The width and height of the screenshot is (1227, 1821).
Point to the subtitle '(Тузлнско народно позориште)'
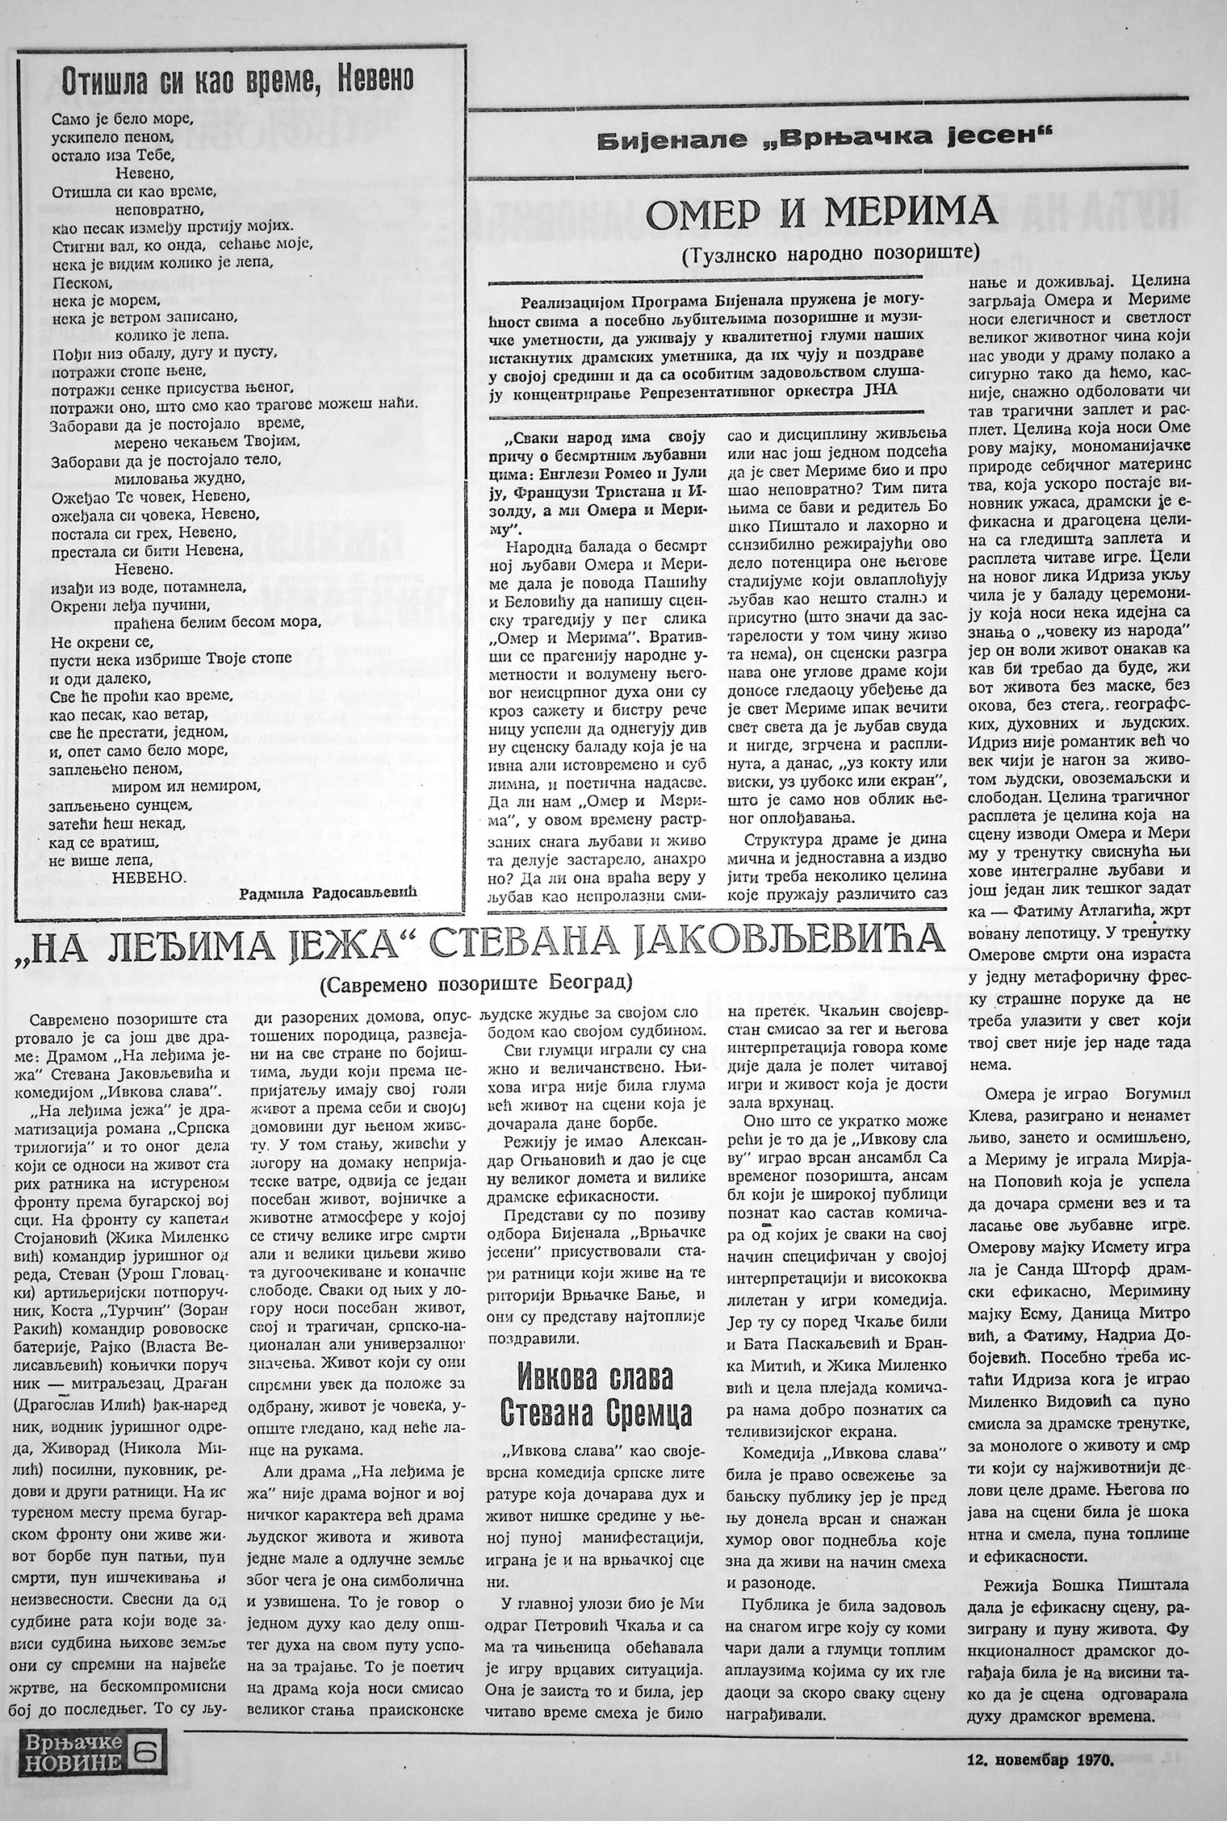click(x=829, y=251)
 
